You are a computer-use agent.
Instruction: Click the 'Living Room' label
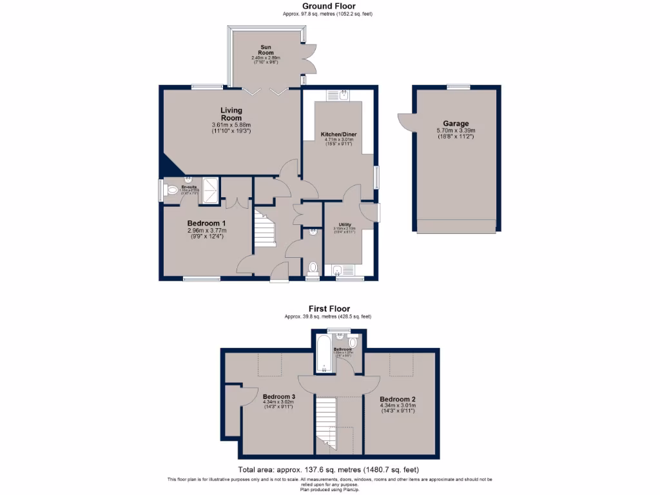click(231, 114)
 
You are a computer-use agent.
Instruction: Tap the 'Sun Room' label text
click(266, 50)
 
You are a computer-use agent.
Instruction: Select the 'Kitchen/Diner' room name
click(339, 134)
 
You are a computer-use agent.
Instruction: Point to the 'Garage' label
click(456, 124)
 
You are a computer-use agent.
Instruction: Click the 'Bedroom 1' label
click(207, 223)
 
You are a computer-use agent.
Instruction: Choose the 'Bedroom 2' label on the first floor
click(397, 399)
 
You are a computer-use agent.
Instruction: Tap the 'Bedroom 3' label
click(279, 396)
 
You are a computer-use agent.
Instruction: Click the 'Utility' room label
click(344, 224)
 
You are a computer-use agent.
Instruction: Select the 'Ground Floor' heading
click(329, 6)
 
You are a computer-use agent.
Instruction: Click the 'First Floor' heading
click(329, 309)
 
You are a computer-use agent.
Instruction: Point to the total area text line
click(329, 470)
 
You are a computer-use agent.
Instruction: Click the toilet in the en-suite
click(171, 191)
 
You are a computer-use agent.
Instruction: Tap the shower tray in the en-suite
click(211, 190)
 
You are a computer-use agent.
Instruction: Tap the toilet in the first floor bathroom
click(353, 342)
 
